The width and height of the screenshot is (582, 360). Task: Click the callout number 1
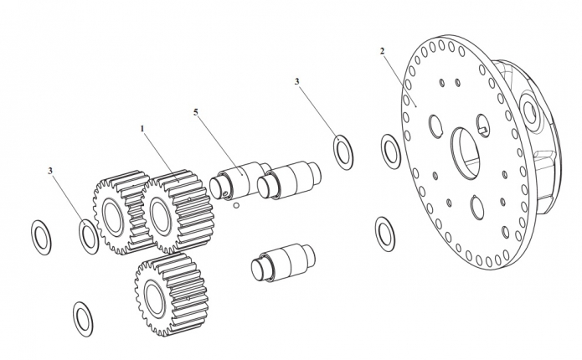click(x=142, y=128)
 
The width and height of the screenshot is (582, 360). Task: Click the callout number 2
click(x=383, y=51)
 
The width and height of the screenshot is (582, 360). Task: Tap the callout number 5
click(x=196, y=112)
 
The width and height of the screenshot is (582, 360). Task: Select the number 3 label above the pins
click(x=297, y=81)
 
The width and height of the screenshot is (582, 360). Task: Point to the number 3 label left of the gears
click(x=50, y=171)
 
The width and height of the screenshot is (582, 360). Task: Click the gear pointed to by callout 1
click(x=178, y=211)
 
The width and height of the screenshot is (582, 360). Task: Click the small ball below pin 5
click(x=236, y=205)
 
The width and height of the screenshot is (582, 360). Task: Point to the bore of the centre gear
click(x=162, y=219)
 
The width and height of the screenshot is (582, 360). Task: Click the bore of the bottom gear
click(x=154, y=299)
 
